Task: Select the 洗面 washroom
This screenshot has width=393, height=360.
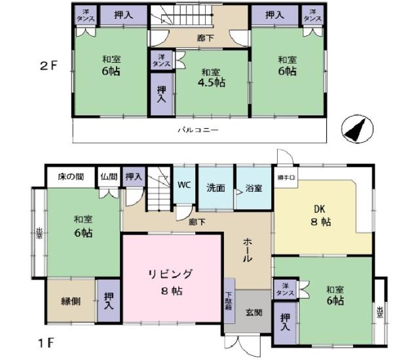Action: click(x=216, y=187)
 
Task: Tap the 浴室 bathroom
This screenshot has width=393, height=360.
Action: click(x=253, y=187)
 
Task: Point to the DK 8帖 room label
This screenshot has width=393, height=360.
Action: click(x=320, y=216)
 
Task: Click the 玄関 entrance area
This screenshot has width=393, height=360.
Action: click(x=253, y=313)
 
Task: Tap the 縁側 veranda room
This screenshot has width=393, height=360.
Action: click(x=71, y=301)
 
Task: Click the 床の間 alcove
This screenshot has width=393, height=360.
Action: click(x=71, y=176)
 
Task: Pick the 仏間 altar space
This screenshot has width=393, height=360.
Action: click(x=108, y=176)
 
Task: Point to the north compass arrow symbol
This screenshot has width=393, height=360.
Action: click(x=356, y=129)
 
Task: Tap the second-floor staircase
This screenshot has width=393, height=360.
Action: click(x=196, y=20)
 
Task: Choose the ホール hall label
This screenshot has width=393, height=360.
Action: click(x=248, y=249)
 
